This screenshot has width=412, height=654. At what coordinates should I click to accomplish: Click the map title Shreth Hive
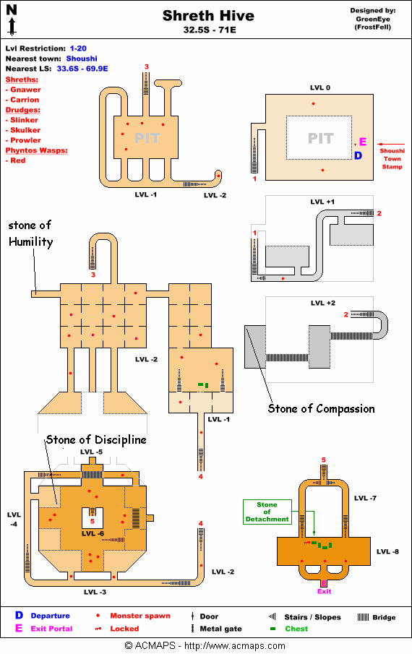(208, 16)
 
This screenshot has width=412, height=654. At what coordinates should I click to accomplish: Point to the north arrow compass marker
(12, 20)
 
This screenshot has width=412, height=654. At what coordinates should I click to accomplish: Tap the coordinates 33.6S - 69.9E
(82, 69)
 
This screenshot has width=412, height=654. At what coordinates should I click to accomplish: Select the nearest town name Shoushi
(82, 59)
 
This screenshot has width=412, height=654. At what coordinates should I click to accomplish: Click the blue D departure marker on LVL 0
(358, 155)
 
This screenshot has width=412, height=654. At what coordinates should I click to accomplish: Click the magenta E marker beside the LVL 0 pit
(363, 142)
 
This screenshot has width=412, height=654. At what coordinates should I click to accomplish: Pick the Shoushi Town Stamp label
(392, 158)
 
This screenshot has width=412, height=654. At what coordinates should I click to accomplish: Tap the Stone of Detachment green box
(267, 512)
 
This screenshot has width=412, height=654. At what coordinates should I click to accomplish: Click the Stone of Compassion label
(321, 409)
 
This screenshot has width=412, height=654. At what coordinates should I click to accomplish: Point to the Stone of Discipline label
(96, 439)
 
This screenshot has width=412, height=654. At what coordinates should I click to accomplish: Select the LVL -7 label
(365, 498)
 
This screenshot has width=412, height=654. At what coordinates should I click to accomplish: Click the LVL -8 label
(388, 551)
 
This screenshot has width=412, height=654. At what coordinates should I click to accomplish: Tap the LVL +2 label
(323, 303)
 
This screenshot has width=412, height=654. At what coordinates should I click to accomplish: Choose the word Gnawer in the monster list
(25, 90)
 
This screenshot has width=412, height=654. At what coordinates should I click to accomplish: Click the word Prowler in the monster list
(25, 140)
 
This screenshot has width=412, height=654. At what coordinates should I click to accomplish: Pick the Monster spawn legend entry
(134, 616)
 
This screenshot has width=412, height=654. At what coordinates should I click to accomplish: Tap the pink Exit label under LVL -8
(324, 591)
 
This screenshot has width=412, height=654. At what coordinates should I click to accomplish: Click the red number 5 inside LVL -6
(93, 521)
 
